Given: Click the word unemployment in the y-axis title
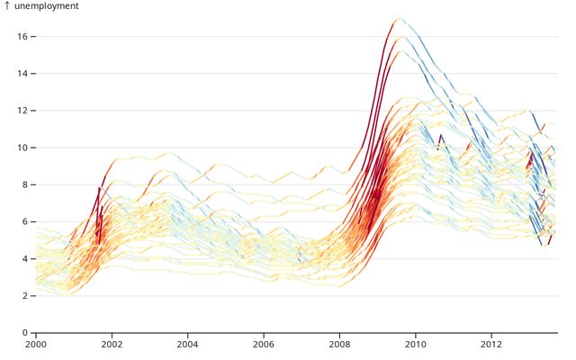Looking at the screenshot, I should coord(46,6).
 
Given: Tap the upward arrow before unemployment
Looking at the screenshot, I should coord(7,6).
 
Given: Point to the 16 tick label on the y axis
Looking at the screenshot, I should coord(21,37).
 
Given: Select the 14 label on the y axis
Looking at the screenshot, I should coord(21,74).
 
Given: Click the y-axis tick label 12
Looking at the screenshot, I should coord(21,111).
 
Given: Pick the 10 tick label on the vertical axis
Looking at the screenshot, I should coord(21,148).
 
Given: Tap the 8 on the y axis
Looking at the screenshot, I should coord(23,184).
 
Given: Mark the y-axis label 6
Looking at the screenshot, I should coord(23,221).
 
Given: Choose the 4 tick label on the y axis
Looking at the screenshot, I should coord(23,259).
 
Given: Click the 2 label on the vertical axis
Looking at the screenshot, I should coord(23,296).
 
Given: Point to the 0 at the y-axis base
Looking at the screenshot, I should coord(23,333).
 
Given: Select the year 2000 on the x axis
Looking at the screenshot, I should coord(36,345).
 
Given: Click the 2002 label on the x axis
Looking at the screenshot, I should coord(112,345).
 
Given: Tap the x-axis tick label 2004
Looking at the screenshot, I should coord(187,345).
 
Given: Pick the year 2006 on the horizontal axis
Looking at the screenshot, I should coord(263,345).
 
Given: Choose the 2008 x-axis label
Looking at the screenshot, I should coord(339,345).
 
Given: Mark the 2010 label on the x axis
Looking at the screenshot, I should coord(415,345).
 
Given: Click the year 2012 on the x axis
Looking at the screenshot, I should coord(490,345).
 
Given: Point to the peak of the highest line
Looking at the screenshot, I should coord(399,18).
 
